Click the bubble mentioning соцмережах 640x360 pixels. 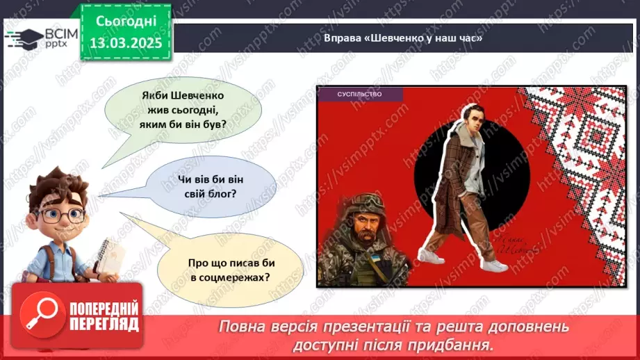[229, 270]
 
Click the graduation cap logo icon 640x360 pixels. [23, 39]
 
